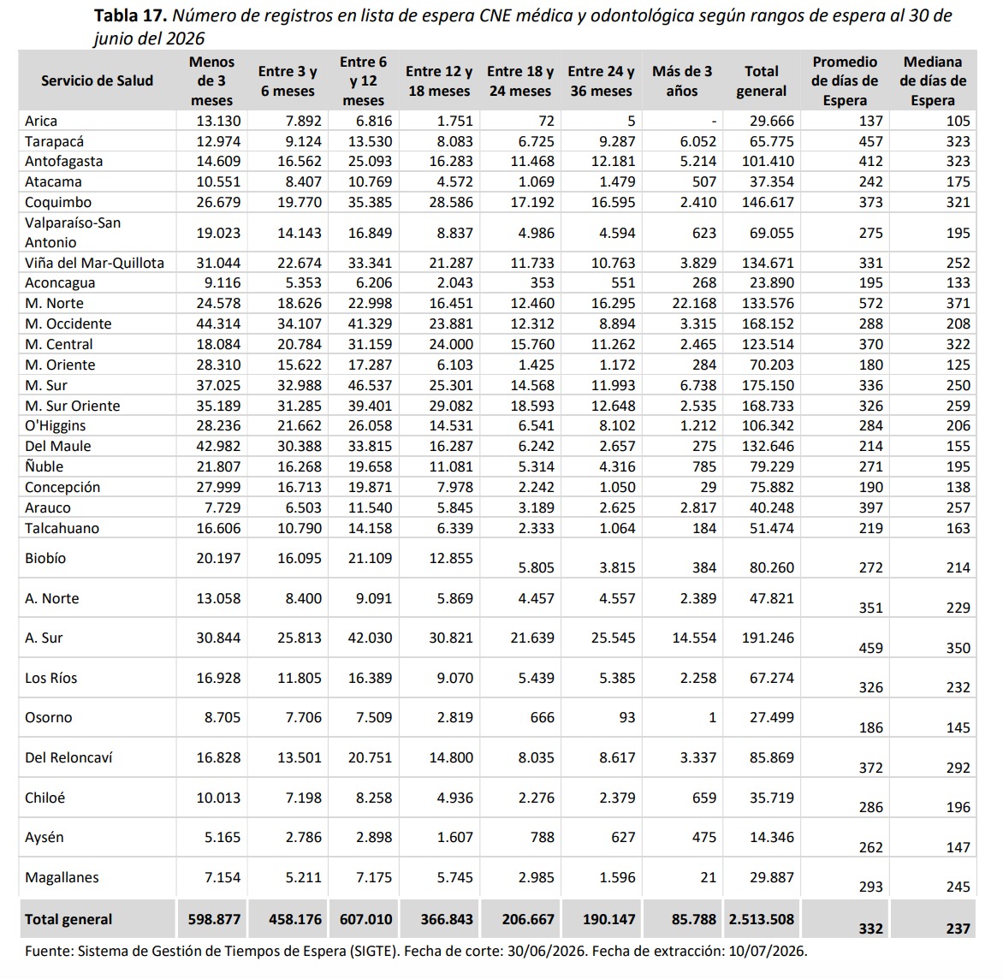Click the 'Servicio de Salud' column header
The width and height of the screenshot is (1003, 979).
pos(98,80)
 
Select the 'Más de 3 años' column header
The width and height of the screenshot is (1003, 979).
pos(682,80)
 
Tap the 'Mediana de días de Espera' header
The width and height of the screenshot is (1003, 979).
pos(933,80)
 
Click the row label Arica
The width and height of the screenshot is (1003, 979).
pos(41,121)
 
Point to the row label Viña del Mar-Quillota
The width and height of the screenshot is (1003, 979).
pos(95,263)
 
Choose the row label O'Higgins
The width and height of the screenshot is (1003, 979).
pos(55,426)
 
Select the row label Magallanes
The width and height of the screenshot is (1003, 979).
pos(62,877)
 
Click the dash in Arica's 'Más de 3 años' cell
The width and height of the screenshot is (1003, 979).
pos(713,122)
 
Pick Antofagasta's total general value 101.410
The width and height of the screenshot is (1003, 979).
pos(768,161)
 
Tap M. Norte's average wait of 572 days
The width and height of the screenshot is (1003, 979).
pos(870,303)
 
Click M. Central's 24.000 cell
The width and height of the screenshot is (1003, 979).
pos(451,344)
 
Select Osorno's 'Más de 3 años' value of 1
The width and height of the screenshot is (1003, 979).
pos(712,717)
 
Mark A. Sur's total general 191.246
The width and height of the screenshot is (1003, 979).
pos(768,638)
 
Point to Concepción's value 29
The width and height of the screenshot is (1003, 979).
pos(708,487)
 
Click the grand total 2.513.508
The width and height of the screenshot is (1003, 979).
pos(761,920)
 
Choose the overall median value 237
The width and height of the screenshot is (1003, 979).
pos(958,929)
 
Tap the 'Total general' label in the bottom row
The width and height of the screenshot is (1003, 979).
pos(68,920)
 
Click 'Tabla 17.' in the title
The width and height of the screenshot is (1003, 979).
pos(130,15)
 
